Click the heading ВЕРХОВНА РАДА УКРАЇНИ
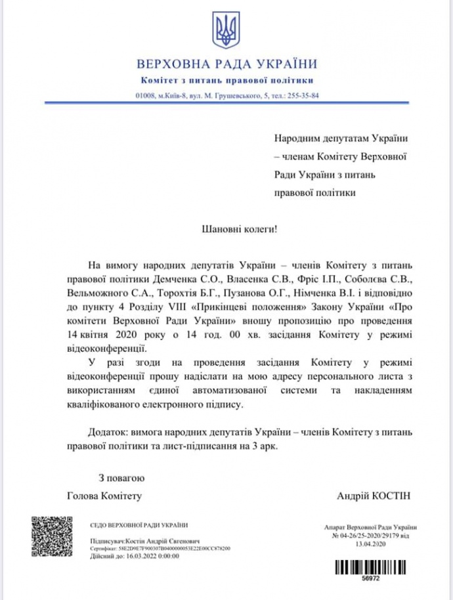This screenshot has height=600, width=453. tap(226, 64)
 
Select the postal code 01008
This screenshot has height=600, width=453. tap(145, 95)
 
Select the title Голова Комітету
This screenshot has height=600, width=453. tap(104, 496)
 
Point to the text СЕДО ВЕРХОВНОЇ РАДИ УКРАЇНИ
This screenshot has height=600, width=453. tap(138, 525)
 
